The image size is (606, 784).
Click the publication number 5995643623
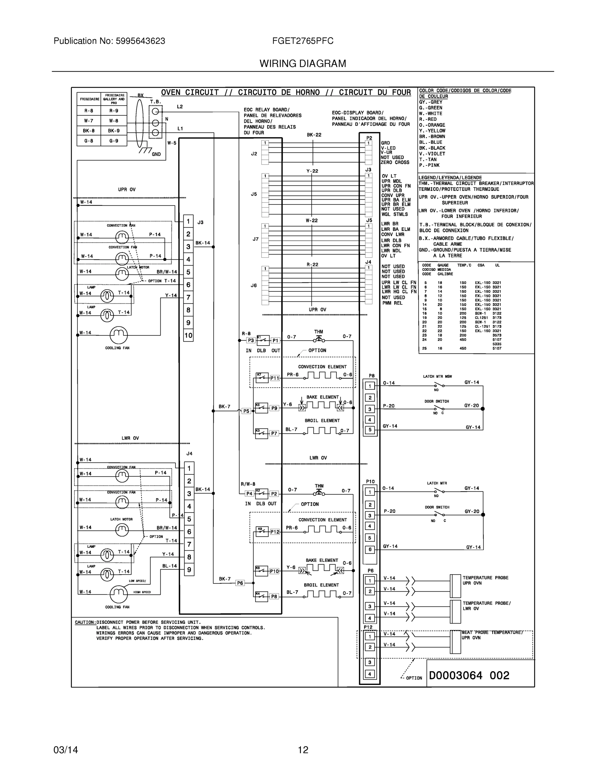tap(140, 41)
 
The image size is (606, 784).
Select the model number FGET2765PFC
tap(303, 41)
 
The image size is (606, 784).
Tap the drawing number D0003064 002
tap(469, 676)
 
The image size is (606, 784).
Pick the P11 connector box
tap(275, 378)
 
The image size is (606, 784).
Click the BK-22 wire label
tap(314, 135)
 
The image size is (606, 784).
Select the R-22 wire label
tap(312, 265)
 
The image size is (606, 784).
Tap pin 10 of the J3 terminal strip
tap(188, 335)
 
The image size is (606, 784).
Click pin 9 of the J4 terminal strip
tap(189, 570)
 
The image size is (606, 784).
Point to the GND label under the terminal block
tap(156, 155)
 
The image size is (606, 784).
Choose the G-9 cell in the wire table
tap(114, 141)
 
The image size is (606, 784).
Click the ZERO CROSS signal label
tap(395, 163)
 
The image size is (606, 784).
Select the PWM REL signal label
tap(392, 303)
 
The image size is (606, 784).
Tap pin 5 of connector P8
tap(370, 430)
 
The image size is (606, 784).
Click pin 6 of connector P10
tap(370, 549)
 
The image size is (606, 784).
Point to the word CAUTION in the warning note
tap(85, 622)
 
